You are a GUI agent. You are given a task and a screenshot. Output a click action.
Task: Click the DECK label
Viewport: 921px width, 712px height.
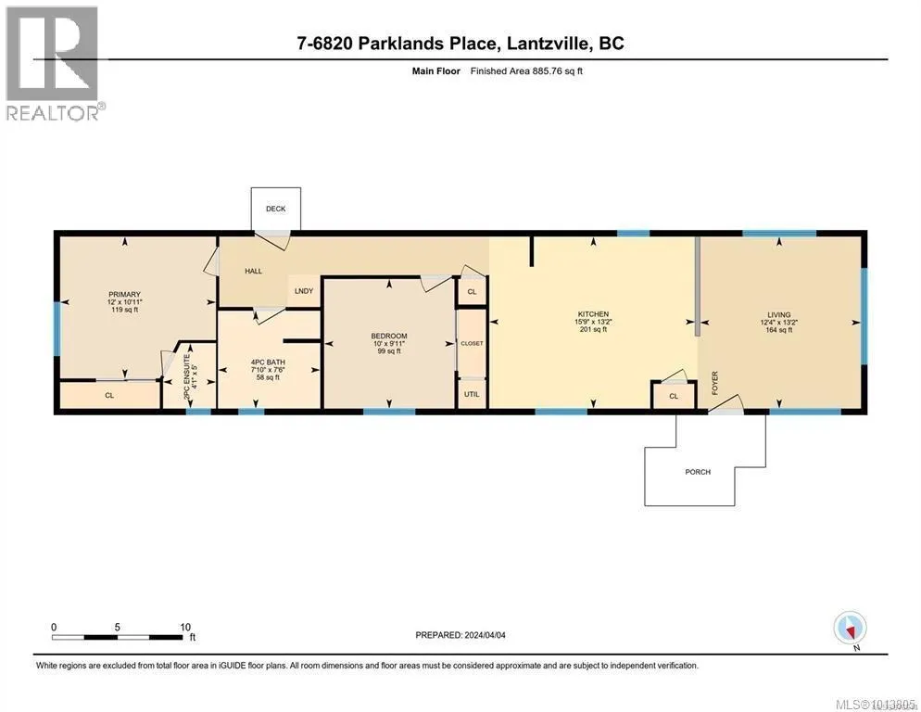pos(275,209)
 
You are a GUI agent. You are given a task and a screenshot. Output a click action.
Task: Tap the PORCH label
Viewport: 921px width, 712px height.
pos(698,472)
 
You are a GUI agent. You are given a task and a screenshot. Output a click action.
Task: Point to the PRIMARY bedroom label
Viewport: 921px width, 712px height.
pos(123,294)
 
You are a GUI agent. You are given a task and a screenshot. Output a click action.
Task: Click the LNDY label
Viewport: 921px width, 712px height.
pos(303,290)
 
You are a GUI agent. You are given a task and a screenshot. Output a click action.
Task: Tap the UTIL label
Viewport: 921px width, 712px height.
pos(472,393)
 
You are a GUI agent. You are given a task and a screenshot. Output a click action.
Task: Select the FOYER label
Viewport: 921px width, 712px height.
pos(715,383)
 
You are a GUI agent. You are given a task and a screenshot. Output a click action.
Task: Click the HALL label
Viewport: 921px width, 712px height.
pos(253,272)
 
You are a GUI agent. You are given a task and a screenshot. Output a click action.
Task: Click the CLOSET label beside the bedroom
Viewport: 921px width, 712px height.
pos(472,343)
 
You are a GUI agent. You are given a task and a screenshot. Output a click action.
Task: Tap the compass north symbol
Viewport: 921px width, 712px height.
pos(850,628)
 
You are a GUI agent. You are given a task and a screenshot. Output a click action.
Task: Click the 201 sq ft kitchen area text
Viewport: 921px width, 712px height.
pos(593,329)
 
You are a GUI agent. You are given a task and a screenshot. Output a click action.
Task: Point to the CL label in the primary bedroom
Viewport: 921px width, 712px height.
pos(108,395)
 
